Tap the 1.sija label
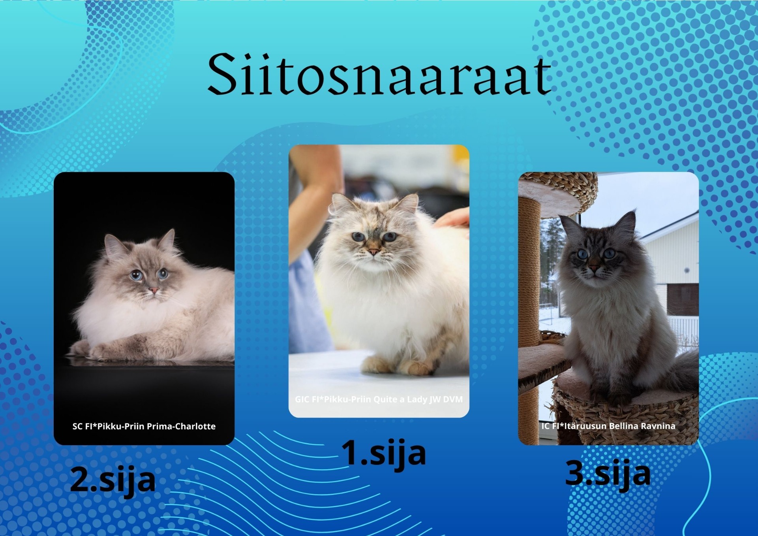point(383,453)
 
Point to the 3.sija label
point(608,474)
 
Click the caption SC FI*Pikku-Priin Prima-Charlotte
point(144,426)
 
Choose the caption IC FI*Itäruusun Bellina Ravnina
point(608,426)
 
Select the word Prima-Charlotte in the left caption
point(187,426)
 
